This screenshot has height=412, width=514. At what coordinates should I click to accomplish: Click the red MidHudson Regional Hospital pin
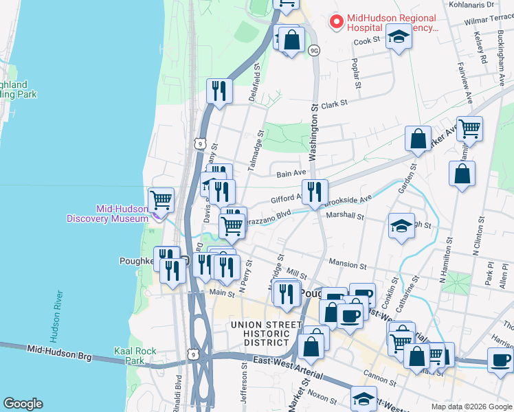click(x=337, y=22)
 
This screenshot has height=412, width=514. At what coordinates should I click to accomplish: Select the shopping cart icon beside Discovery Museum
click(x=161, y=200)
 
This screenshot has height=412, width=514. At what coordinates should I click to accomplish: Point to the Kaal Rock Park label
click(x=135, y=355)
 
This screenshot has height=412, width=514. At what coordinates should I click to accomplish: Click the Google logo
click(x=23, y=404)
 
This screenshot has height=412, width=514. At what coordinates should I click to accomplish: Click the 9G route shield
click(x=315, y=50)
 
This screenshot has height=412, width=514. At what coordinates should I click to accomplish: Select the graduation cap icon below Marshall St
click(x=401, y=226)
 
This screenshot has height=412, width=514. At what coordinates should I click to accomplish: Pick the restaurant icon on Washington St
click(x=315, y=192)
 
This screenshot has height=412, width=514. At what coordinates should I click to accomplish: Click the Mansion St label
click(x=348, y=264)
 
